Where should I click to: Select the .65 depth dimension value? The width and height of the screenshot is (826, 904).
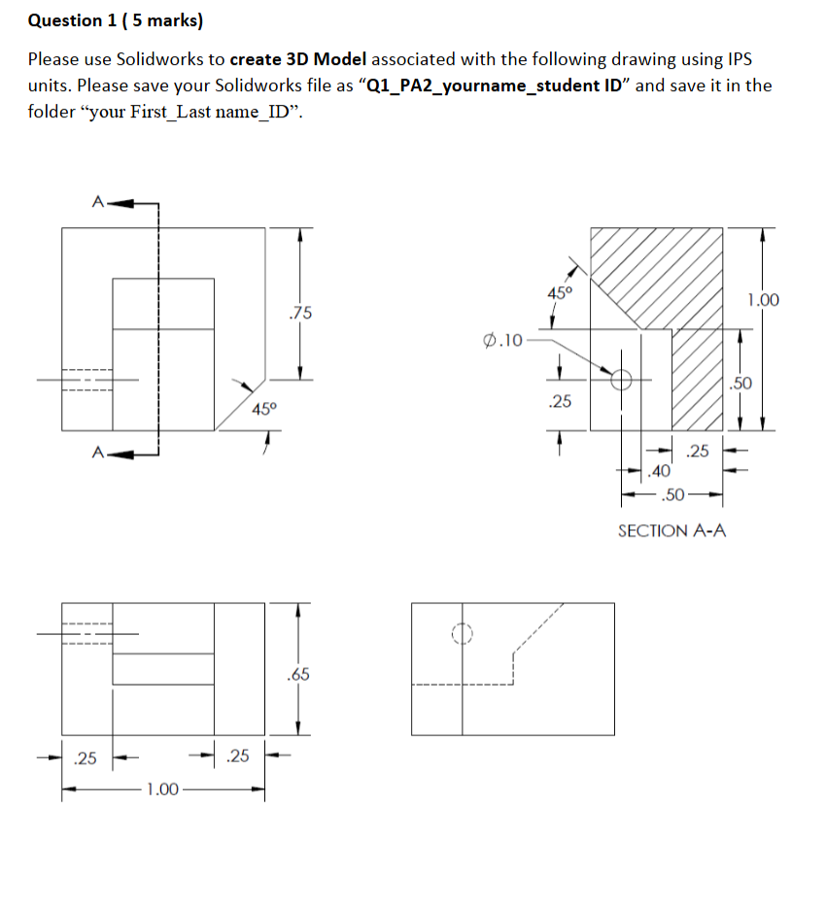(x=299, y=674)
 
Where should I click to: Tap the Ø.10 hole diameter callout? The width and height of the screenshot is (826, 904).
(x=502, y=340)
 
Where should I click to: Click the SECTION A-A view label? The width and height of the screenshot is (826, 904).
(x=671, y=530)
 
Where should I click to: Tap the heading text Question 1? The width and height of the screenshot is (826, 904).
(x=65, y=20)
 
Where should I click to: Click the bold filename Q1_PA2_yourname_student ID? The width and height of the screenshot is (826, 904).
(x=495, y=84)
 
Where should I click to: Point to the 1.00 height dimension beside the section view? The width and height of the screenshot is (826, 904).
(x=764, y=300)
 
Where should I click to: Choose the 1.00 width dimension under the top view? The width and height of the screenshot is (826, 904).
(x=161, y=788)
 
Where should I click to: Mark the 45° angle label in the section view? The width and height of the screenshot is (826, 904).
(x=561, y=292)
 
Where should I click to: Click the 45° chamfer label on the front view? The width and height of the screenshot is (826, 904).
(x=264, y=409)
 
